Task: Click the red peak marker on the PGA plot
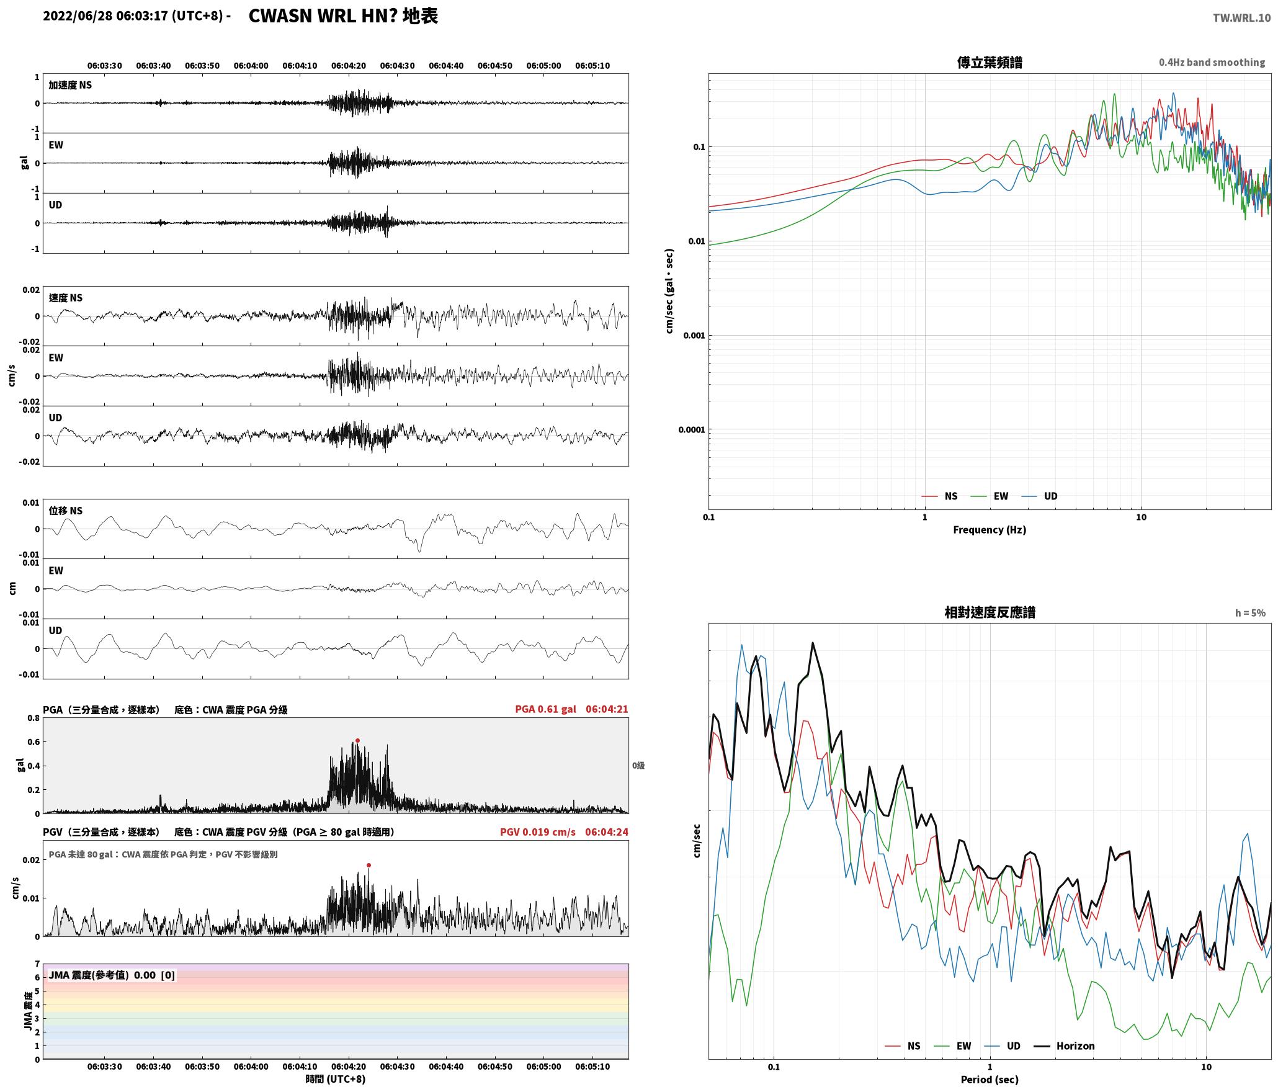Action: coord(357,740)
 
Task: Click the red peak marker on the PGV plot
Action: coord(369,865)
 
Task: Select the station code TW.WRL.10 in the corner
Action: coord(1241,18)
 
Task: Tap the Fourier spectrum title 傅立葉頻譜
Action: coord(990,62)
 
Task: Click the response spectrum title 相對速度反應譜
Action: coord(990,612)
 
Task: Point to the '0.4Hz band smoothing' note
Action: coord(1212,62)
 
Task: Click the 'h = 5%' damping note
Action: coord(1250,613)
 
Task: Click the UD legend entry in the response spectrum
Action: coord(1002,1045)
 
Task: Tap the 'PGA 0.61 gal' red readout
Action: coord(545,709)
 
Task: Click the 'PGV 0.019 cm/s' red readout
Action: coord(538,831)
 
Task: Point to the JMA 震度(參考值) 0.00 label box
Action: coord(112,975)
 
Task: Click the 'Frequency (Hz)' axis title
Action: coord(990,529)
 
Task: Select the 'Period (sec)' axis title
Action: coord(990,1079)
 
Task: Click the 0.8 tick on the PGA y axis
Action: coord(33,718)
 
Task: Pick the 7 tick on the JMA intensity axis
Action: coord(37,964)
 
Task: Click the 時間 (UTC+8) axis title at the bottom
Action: coord(336,1079)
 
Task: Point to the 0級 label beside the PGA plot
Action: coord(638,766)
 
